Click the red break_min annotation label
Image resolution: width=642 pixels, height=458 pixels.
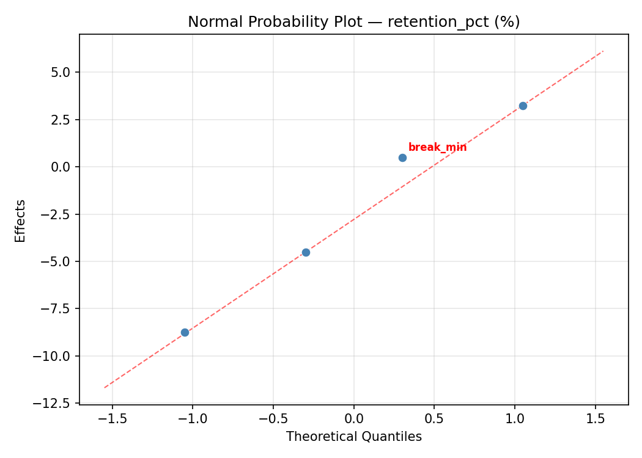pyautogui.click(x=437, y=147)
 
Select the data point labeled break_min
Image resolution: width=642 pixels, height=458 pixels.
pyautogui.click(x=402, y=158)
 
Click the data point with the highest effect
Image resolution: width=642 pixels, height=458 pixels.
pyautogui.click(x=523, y=106)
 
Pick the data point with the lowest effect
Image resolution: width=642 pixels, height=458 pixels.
pyautogui.click(x=185, y=332)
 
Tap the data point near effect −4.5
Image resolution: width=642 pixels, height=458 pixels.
pyautogui.click(x=306, y=252)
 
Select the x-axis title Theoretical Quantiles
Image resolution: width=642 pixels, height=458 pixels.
pyautogui.click(x=353, y=437)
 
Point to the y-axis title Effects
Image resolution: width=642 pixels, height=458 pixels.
pyautogui.click(x=21, y=220)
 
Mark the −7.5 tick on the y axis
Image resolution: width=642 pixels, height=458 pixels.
pyautogui.click(x=58, y=309)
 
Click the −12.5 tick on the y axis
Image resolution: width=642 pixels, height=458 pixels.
pyautogui.click(x=56, y=403)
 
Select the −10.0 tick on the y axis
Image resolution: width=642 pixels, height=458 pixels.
pyautogui.click(x=56, y=356)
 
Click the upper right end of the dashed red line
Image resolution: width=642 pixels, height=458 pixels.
pyautogui.click(x=603, y=51)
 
